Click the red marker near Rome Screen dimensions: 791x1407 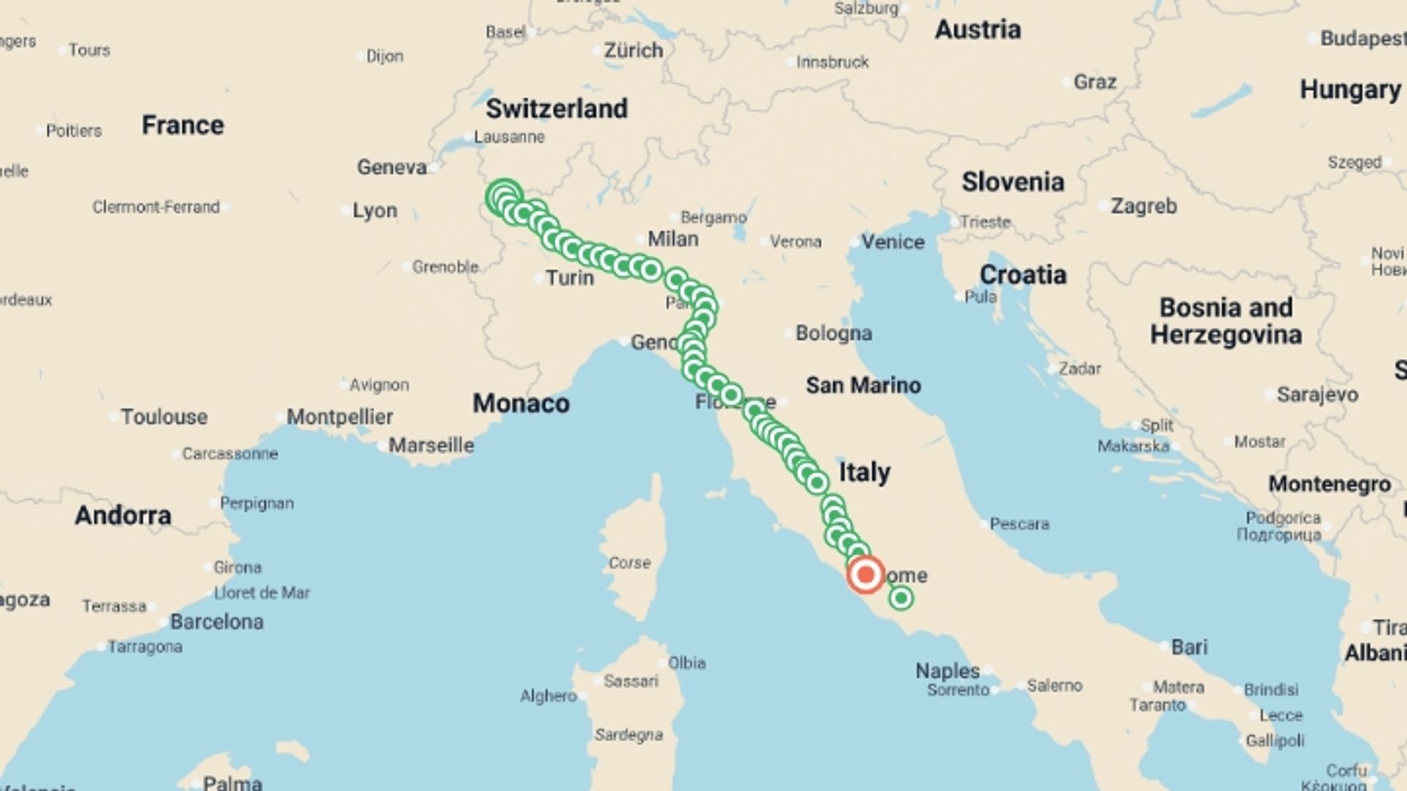[x=865, y=574]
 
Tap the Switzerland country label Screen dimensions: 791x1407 [x=556, y=109]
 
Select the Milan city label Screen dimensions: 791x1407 [x=673, y=239]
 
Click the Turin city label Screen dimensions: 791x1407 [x=569, y=278]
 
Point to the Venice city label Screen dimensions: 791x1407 [x=892, y=242]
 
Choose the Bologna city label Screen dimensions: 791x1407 [x=833, y=333]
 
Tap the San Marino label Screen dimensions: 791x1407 [x=863, y=385]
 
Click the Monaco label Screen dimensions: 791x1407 [x=520, y=404]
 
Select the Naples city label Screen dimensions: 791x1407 [x=947, y=670]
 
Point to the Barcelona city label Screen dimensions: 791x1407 [x=216, y=622]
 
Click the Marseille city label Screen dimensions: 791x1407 [x=431, y=445]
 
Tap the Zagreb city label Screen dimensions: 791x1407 [x=1143, y=207]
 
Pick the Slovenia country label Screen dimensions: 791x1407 [x=1013, y=182]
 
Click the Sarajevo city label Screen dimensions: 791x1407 [x=1317, y=395]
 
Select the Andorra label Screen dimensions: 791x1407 [x=122, y=516]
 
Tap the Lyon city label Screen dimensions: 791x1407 [x=374, y=211]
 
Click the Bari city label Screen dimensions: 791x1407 [x=1189, y=647]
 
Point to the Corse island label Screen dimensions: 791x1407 [x=629, y=562]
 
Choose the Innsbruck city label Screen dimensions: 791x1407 [x=832, y=62]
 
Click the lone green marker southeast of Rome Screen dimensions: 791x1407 [x=901, y=598]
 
